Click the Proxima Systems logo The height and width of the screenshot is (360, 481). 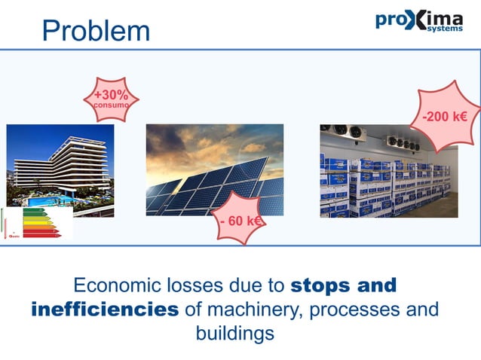419,20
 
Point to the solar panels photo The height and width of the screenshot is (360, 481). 214,169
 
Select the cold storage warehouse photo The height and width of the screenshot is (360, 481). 388,171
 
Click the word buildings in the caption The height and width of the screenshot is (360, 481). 234,333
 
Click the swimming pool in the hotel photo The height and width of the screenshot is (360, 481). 47,200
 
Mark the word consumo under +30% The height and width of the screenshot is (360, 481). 110,105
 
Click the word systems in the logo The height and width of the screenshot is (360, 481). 445,29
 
